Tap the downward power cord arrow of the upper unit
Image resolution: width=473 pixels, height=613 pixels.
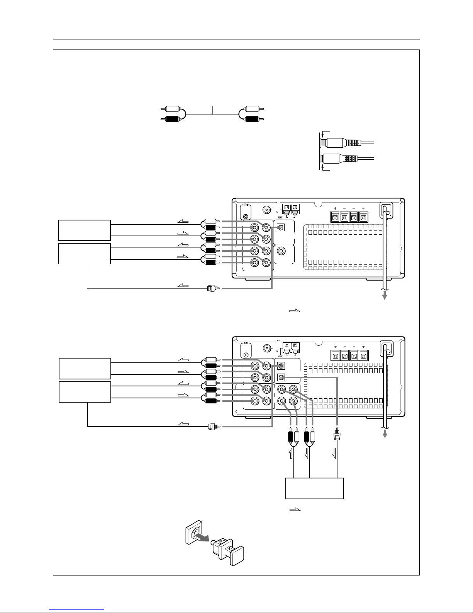(x=385, y=295)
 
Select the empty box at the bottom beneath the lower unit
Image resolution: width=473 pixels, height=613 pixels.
(x=314, y=488)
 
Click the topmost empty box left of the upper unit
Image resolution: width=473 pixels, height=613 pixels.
(x=85, y=230)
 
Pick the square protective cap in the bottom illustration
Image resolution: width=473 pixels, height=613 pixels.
(x=237, y=555)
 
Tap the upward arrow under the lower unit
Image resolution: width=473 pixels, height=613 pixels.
(x=292, y=454)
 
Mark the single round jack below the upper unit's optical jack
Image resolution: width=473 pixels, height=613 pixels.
(x=281, y=251)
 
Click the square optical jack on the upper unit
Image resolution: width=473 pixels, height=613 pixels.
(x=281, y=227)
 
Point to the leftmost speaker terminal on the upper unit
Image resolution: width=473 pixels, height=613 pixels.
(x=335, y=217)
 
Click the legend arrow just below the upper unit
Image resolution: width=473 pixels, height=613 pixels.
(x=295, y=311)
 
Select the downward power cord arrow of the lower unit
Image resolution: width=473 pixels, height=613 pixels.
(x=385, y=434)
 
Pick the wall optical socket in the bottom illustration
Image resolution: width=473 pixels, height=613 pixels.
(x=194, y=532)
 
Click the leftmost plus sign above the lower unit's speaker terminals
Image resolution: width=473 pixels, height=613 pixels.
(x=335, y=347)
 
